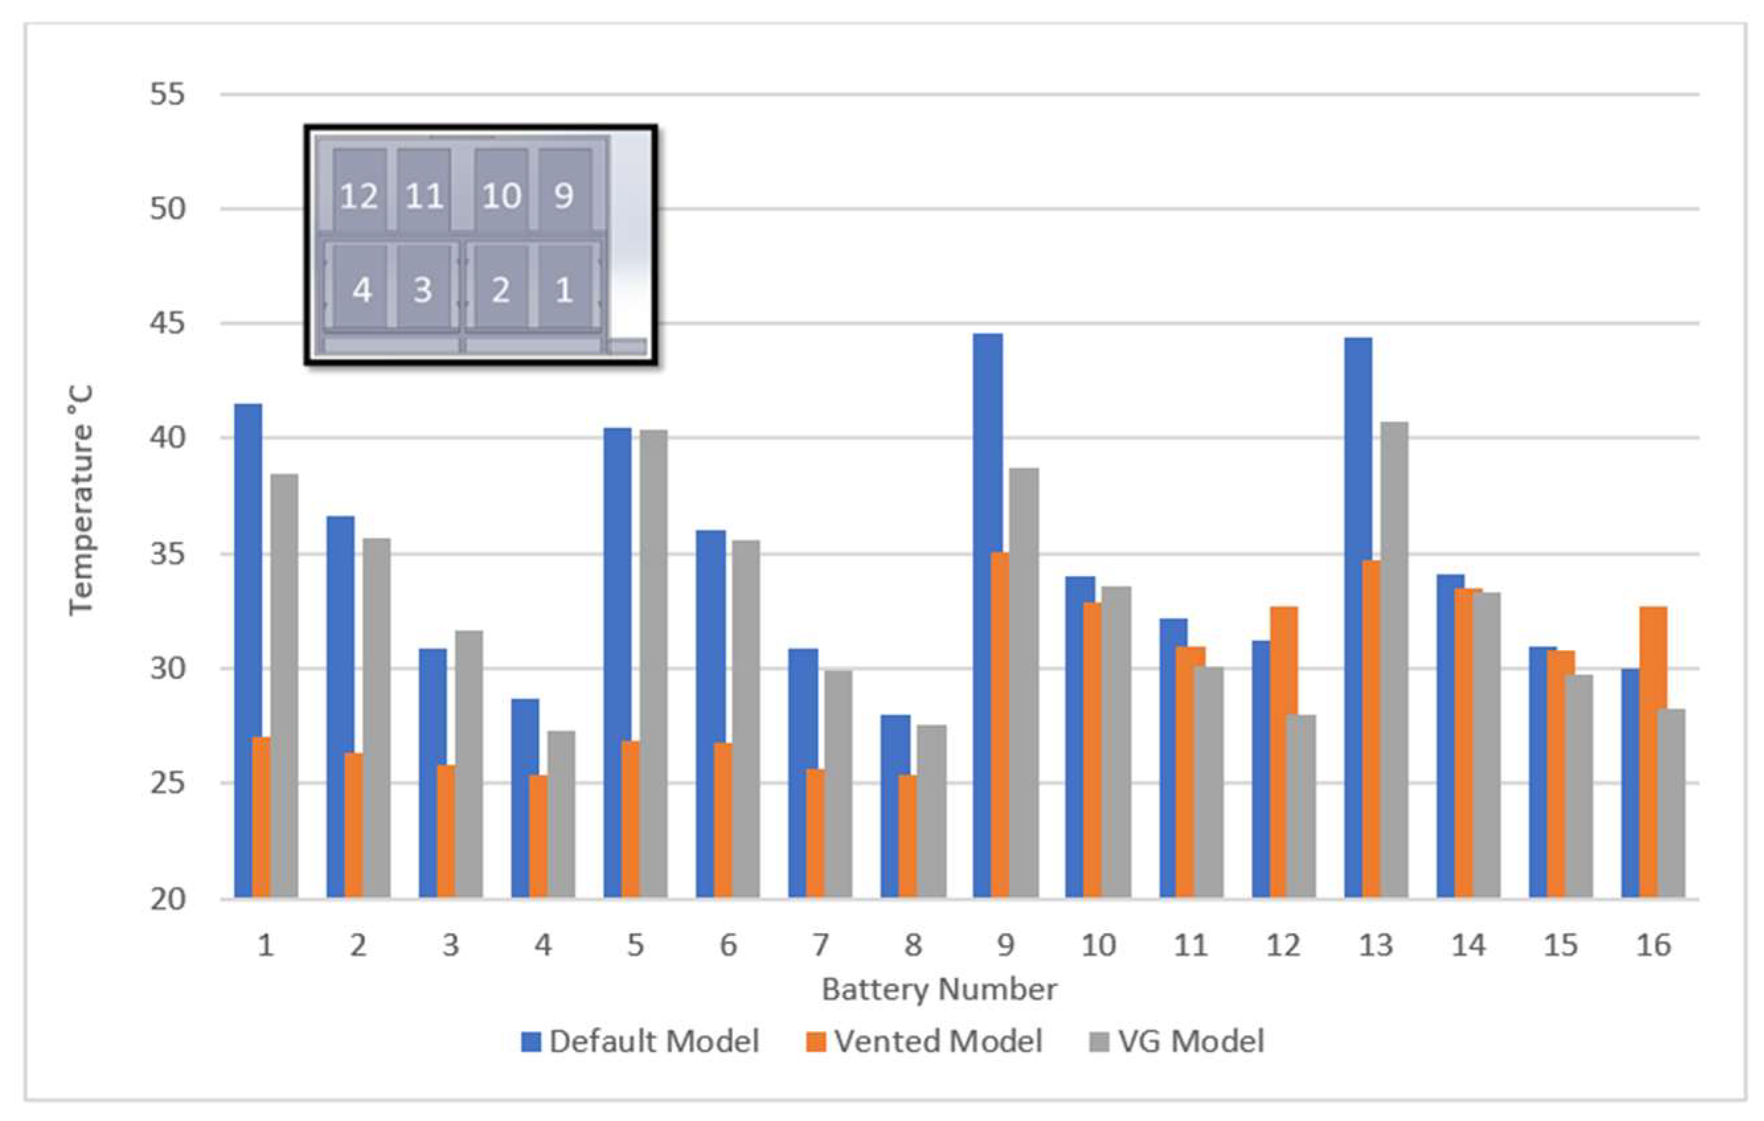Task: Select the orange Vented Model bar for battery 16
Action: pyautogui.click(x=1653, y=752)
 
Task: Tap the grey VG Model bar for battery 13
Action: pyautogui.click(x=1394, y=659)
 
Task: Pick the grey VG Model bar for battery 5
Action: pyautogui.click(x=653, y=663)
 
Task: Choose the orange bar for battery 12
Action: pyautogui.click(x=1283, y=752)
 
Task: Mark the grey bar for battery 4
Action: pyautogui.click(x=561, y=814)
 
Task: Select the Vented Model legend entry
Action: pyautogui.click(x=924, y=1041)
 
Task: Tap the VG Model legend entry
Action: pyautogui.click(x=1178, y=1041)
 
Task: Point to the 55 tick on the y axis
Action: pyautogui.click(x=167, y=95)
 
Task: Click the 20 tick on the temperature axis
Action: pyautogui.click(x=167, y=899)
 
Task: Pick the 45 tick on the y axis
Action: pyautogui.click(x=167, y=324)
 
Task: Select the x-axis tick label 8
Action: pyautogui.click(x=913, y=946)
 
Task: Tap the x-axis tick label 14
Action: pyautogui.click(x=1468, y=946)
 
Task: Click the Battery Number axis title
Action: pyautogui.click(x=939, y=990)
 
